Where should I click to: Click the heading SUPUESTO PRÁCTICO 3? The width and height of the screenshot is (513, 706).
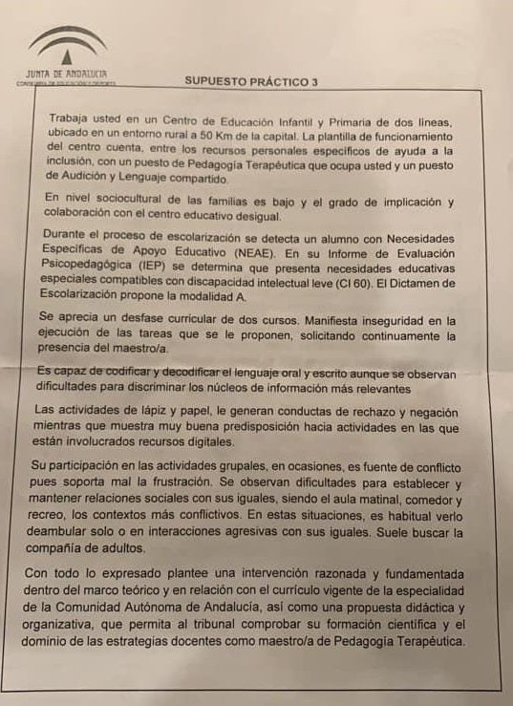[250, 83]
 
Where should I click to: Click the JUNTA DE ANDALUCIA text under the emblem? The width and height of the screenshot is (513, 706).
[63, 74]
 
